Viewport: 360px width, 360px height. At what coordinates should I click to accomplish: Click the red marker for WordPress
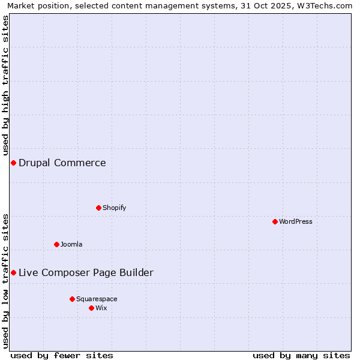275,221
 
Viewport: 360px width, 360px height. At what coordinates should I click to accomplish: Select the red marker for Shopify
98,208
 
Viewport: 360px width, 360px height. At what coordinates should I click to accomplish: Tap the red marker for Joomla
56,244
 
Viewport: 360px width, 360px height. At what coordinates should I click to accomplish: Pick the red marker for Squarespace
72,299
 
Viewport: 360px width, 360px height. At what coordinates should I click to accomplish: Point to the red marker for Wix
91,308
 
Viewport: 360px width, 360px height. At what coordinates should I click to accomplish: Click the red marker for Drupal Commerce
13,163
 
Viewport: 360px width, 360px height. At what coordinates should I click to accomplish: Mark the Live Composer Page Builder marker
13,272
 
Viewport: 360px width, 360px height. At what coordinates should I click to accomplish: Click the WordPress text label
296,221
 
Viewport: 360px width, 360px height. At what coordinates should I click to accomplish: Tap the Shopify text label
114,208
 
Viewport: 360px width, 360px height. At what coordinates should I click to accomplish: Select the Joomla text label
71,244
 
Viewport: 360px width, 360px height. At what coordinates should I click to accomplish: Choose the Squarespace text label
97,299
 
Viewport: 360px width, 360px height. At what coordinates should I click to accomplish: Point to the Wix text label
101,308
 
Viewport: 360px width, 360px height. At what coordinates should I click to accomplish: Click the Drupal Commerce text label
62,163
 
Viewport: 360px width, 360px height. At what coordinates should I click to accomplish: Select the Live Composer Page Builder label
86,273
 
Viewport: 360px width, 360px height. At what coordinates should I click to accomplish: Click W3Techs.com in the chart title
323,6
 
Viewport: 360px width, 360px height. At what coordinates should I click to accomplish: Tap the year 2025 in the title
281,6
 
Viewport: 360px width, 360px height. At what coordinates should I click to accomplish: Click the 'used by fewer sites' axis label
62,355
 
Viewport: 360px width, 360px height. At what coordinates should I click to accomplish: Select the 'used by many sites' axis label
301,355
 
